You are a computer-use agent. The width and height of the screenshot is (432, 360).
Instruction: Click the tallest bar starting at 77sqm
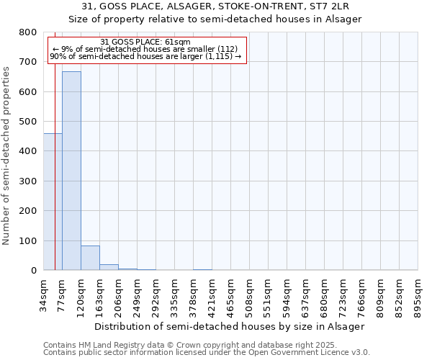71,171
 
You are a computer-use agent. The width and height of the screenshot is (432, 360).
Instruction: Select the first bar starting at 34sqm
53,202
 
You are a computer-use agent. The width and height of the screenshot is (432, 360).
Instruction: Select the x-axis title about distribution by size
230,326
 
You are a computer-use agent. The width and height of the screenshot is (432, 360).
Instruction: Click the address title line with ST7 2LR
215,6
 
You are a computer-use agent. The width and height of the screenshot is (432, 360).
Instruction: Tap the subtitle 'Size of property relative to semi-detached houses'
215,19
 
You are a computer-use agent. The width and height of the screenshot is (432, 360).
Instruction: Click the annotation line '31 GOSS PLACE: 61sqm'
145,42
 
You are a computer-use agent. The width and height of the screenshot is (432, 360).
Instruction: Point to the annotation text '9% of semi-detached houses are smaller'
145,49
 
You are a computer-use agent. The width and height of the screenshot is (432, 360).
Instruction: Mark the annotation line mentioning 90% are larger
145,56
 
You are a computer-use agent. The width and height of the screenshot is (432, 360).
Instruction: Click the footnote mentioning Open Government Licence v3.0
207,353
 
